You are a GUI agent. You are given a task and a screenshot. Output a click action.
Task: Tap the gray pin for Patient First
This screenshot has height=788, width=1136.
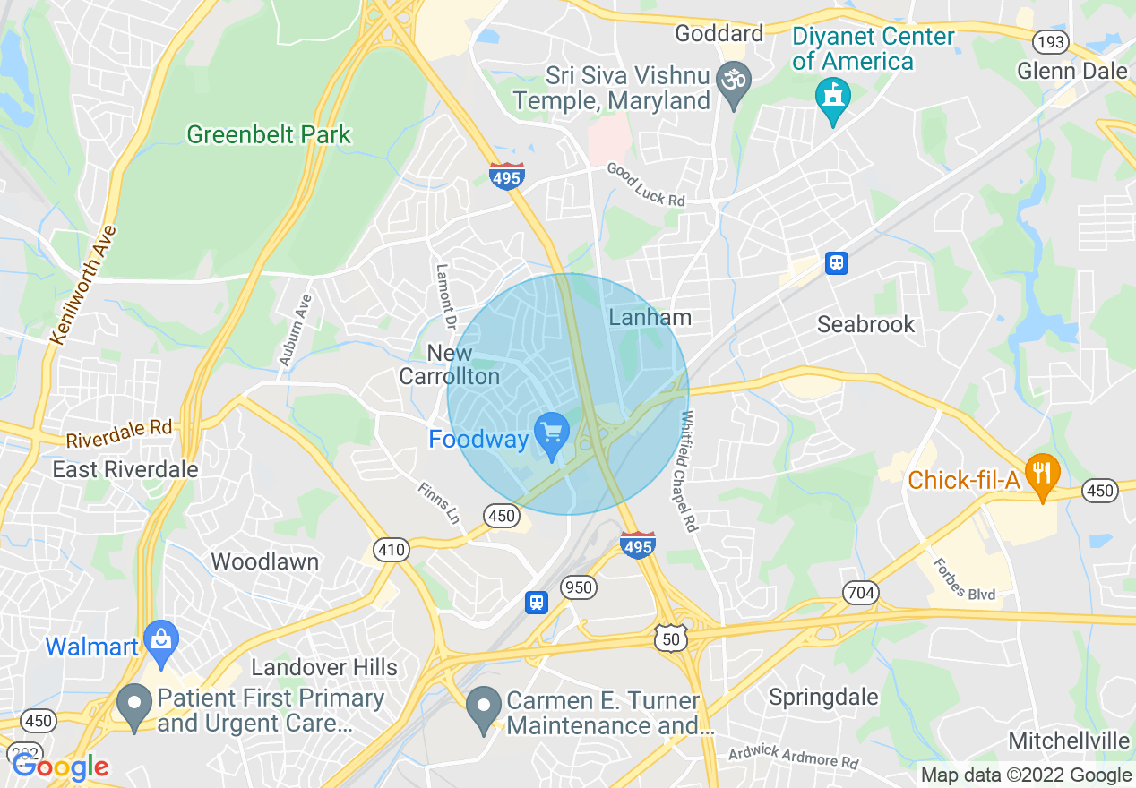pos(134,706)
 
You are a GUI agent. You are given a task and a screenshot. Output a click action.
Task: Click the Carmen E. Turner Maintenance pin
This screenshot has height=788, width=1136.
pos(485,707)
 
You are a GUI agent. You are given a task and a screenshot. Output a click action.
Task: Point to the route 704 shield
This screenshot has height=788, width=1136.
pos(860,593)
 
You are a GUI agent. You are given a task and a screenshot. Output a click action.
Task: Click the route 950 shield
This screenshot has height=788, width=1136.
pos(579,587)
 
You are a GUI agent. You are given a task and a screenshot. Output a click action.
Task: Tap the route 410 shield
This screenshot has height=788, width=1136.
pos(392,550)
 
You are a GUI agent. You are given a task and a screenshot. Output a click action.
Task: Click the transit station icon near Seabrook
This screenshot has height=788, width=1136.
pos(837,263)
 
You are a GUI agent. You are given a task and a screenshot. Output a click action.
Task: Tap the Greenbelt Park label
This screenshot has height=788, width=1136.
pos(269,135)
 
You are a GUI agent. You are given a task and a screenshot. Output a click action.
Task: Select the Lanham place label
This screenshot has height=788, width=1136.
pos(650,317)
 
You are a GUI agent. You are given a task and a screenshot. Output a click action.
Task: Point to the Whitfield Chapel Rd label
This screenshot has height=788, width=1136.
pos(688,471)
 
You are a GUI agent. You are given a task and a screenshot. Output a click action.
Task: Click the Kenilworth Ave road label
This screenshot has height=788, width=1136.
pos(84,285)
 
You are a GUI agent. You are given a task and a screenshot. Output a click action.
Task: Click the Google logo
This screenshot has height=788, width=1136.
pos(60,767)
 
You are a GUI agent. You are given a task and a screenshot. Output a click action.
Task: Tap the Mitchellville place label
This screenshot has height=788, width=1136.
pos(1068,741)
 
